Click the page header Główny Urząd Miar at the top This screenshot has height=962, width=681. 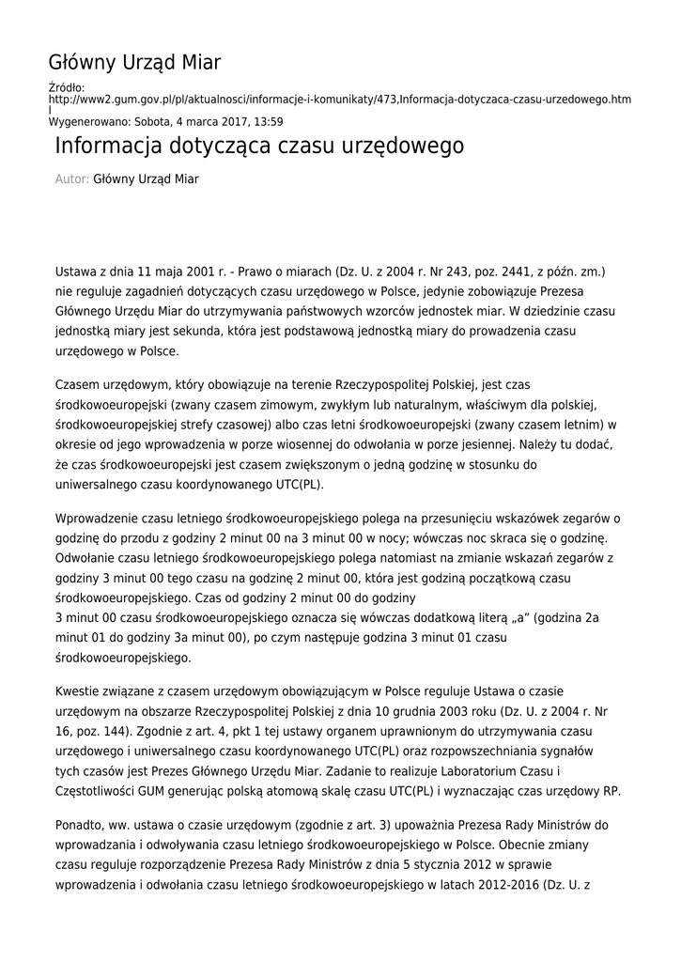[x=134, y=63]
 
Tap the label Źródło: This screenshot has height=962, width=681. [x=67, y=87]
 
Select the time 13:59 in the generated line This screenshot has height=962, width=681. [x=269, y=121]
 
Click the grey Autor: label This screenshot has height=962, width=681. [x=71, y=178]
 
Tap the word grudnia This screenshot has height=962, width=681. [x=410, y=709]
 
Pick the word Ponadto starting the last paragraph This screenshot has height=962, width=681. [x=82, y=825]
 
